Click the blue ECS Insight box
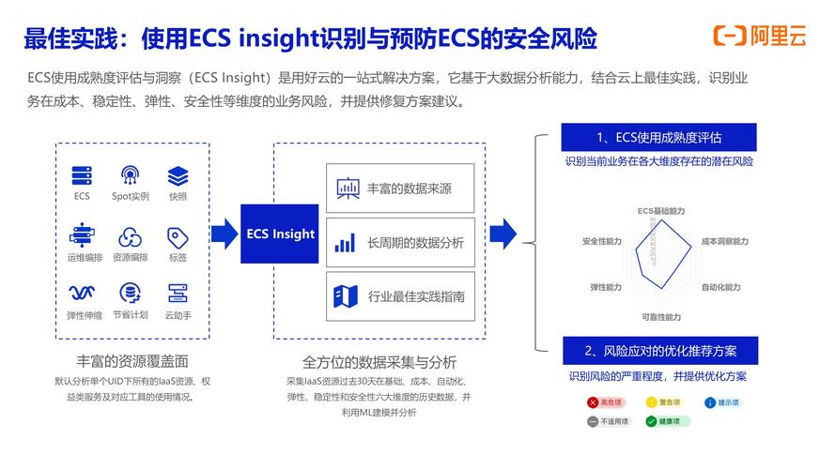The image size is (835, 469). click(280, 233)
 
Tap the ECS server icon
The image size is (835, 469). click(82, 175)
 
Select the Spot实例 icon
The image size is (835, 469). click(130, 175)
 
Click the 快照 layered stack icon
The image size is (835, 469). click(178, 175)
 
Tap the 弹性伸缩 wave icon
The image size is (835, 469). click(82, 293)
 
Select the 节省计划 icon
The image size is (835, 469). click(130, 293)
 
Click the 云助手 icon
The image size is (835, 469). click(178, 293)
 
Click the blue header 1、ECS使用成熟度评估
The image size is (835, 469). click(657, 137)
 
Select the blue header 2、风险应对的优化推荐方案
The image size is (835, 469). click(657, 351)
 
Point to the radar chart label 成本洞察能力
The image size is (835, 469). click(724, 242)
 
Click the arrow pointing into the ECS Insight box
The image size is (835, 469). click(224, 233)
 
